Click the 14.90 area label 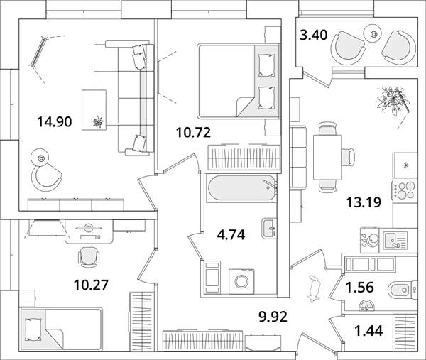(x=55, y=121)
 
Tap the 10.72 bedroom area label (x=193, y=133)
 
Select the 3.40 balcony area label (x=314, y=35)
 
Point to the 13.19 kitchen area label (x=364, y=202)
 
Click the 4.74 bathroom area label (x=231, y=235)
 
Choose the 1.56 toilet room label (x=359, y=287)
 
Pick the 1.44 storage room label (x=368, y=331)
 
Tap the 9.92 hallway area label (x=273, y=317)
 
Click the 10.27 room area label (x=91, y=285)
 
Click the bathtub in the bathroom (x=242, y=188)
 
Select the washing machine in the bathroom (x=241, y=281)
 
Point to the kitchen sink (x=395, y=241)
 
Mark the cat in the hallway (x=314, y=289)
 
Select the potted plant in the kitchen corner (x=392, y=100)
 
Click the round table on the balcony (x=374, y=33)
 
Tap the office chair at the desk (x=89, y=257)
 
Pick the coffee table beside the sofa (x=94, y=110)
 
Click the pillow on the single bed (x=33, y=329)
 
